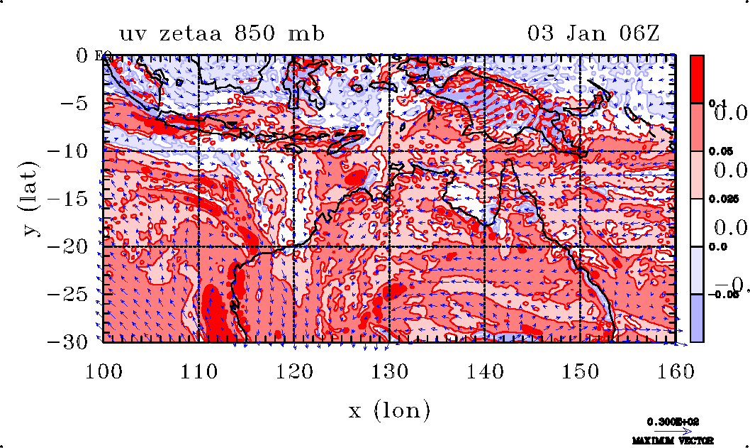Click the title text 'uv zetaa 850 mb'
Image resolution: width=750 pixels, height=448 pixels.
click(x=221, y=33)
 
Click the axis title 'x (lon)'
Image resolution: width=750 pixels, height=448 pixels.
click(x=389, y=410)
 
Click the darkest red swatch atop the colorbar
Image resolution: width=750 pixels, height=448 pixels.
click(x=698, y=79)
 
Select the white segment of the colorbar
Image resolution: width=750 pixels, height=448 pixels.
click(x=698, y=223)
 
